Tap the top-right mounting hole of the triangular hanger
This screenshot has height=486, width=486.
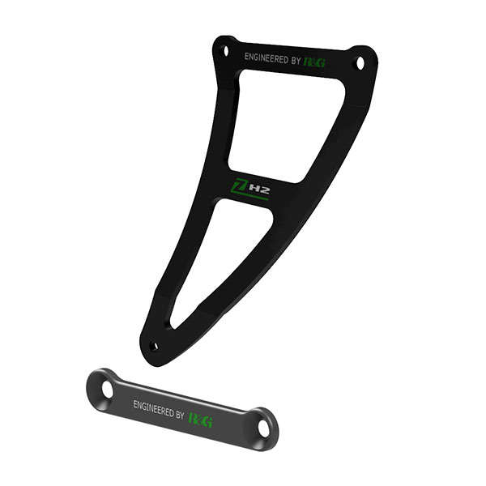pyautogui.click(x=359, y=60)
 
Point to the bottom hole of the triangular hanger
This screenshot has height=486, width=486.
pyautogui.click(x=153, y=346)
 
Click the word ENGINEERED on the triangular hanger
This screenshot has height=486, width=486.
pyautogui.click(x=266, y=58)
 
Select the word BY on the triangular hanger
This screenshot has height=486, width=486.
pyautogui.click(x=296, y=61)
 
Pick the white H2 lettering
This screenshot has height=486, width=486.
pyautogui.click(x=258, y=190)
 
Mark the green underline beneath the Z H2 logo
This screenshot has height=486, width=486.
pyautogui.click(x=250, y=198)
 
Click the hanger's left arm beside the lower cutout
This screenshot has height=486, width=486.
pyautogui.click(x=173, y=267)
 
